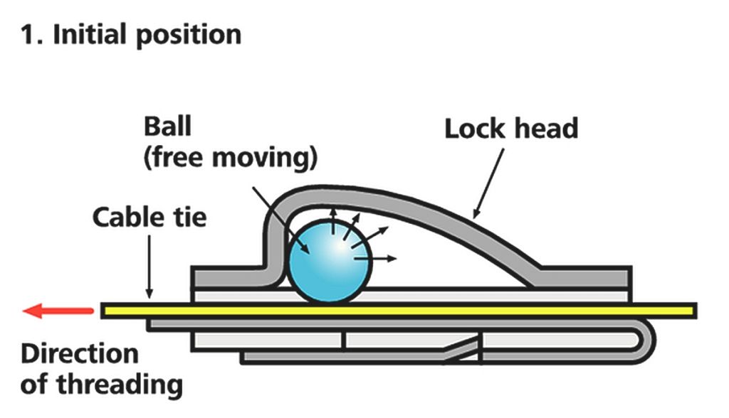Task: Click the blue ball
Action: (329, 261)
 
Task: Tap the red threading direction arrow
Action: (58, 311)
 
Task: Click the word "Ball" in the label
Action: (167, 127)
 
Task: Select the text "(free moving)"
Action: (231, 157)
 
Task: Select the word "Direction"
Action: (80, 354)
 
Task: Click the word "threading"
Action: (120, 385)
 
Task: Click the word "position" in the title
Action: (189, 36)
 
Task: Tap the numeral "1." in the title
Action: (33, 35)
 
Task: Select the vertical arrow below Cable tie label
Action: (150, 267)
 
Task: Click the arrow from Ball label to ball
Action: (281, 220)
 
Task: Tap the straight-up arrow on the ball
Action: (333, 221)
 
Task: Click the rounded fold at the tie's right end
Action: (647, 341)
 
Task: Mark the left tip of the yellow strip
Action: (101, 311)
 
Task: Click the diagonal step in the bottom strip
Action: (461, 349)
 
